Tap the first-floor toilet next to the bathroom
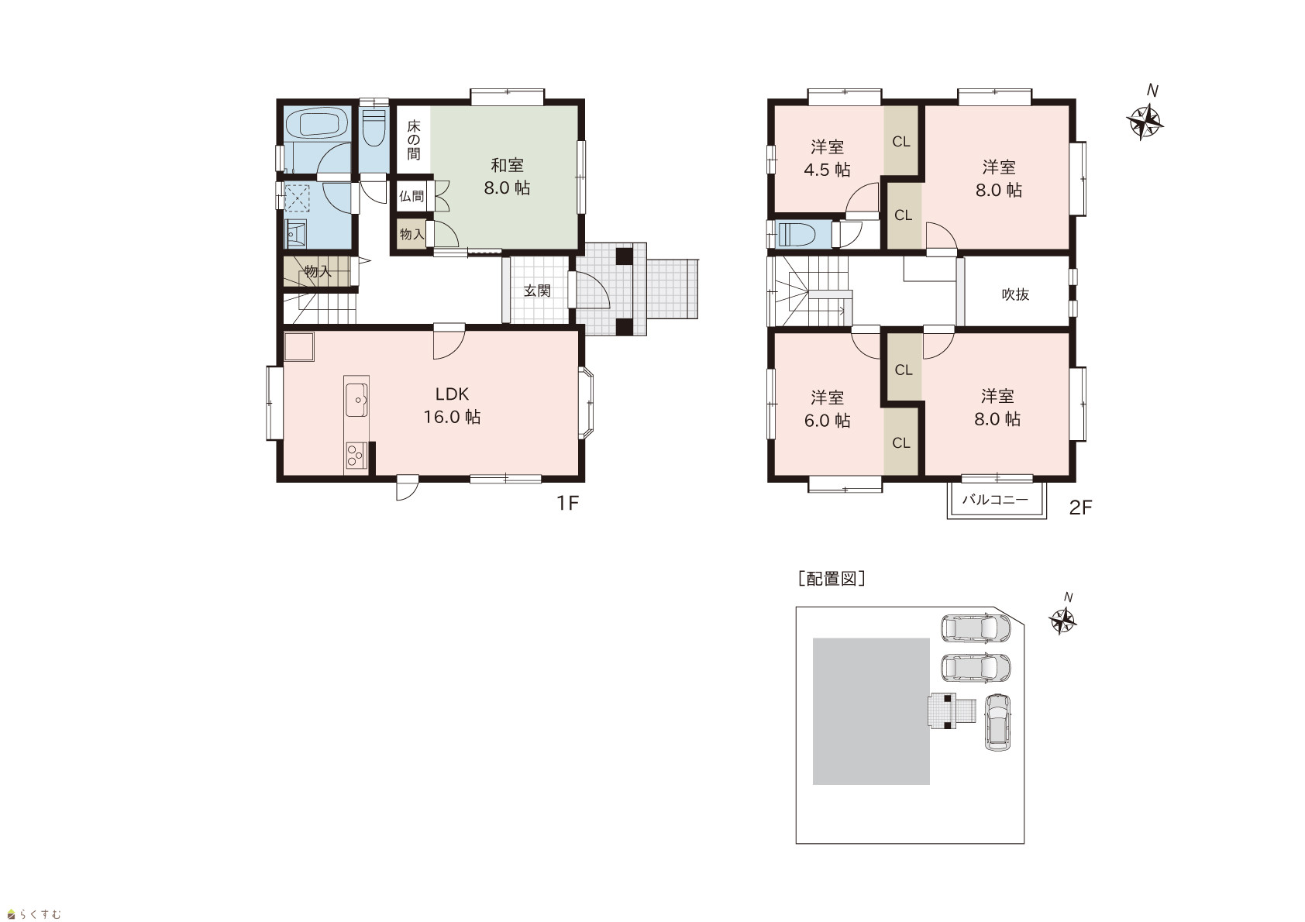[374, 128]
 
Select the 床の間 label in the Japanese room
[414, 139]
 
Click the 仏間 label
[411, 196]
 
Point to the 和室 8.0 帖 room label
[507, 177]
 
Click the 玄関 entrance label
[536, 290]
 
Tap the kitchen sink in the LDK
[356, 400]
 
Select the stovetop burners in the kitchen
[355, 456]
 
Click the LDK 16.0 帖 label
[452, 406]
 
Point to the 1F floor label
[567, 504]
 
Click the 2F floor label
[1080, 508]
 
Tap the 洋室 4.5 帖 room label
[828, 158]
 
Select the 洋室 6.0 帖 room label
[828, 409]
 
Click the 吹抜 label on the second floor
[1015, 294]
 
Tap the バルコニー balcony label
[995, 499]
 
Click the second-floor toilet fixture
[799, 234]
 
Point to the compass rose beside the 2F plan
[1145, 122]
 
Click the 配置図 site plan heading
[832, 579]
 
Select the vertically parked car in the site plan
[997, 722]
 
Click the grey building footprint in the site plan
[871, 711]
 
